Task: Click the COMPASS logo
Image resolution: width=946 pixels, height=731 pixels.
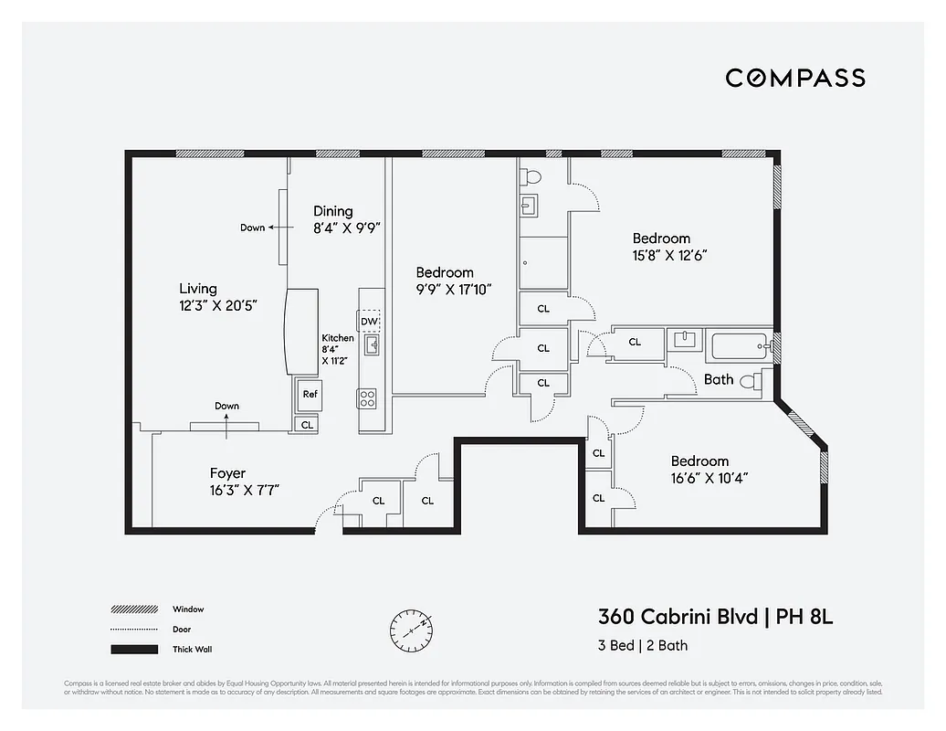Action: pyautogui.click(x=795, y=78)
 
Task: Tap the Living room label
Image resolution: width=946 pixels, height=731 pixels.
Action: pyautogui.click(x=198, y=289)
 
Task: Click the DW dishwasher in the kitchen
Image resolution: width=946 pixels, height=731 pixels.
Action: pyautogui.click(x=369, y=322)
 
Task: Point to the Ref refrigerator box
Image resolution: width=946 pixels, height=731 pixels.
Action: pyautogui.click(x=310, y=395)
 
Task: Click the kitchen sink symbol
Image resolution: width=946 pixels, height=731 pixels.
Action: pyautogui.click(x=372, y=344)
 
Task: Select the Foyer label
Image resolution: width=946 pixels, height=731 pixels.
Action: pyautogui.click(x=227, y=473)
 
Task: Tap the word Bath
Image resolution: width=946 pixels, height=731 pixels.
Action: pyautogui.click(x=719, y=379)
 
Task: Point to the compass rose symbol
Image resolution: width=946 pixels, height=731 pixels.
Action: pyautogui.click(x=410, y=629)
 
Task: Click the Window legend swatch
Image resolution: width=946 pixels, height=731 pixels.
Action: pyautogui.click(x=131, y=609)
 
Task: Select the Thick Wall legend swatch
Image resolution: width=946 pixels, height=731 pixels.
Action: pyautogui.click(x=131, y=650)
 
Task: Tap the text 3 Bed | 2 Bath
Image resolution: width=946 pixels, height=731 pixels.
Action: pyautogui.click(x=643, y=646)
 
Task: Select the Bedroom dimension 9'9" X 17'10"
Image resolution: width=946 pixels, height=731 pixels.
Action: pyautogui.click(x=454, y=290)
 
